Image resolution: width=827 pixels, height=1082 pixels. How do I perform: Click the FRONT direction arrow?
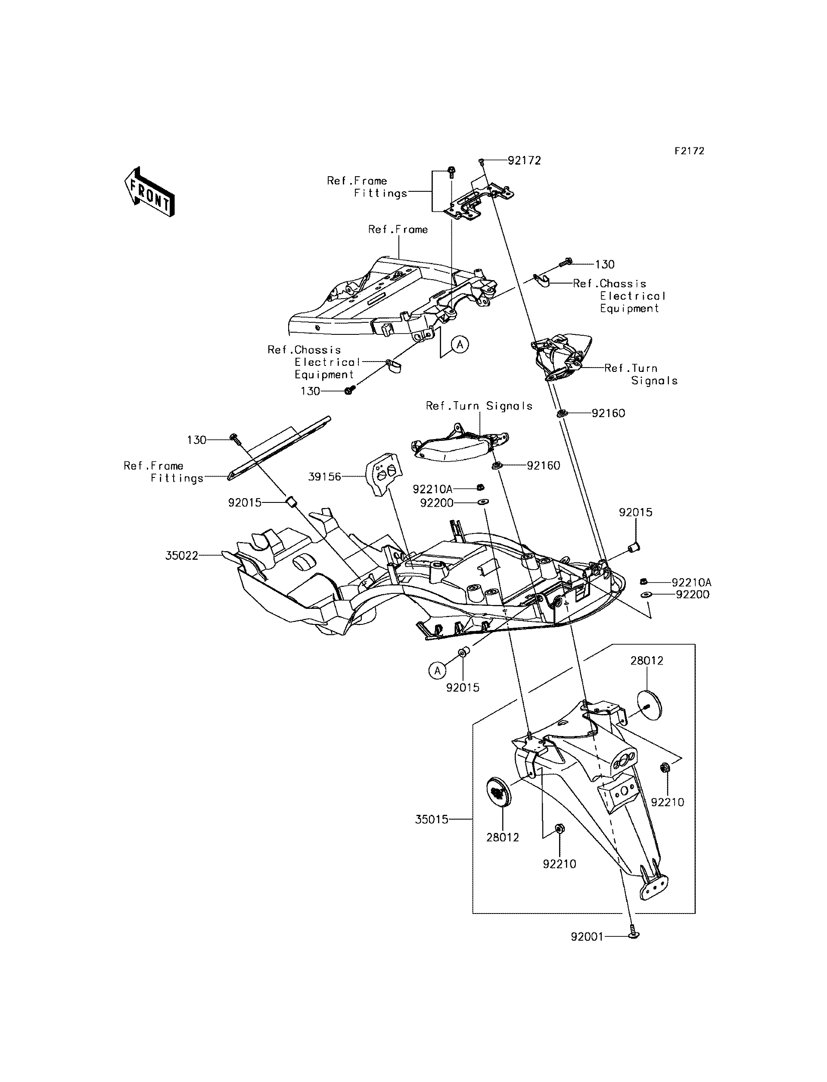149,192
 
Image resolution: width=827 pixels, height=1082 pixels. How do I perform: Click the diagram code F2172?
689,151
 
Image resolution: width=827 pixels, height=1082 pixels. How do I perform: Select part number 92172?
524,161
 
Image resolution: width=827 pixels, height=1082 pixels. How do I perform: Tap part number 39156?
324,477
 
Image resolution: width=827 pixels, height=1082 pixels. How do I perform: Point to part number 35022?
182,555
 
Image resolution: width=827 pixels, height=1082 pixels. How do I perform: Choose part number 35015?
432,820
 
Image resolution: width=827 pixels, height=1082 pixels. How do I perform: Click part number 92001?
587,937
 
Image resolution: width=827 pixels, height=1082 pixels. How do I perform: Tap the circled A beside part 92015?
437,670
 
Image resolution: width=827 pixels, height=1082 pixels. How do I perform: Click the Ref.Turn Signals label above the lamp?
479,406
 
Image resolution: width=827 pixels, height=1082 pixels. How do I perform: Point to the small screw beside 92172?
482,162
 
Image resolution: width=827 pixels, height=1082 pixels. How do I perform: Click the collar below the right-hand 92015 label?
634,546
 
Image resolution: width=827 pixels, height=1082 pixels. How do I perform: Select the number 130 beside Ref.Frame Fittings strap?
197,440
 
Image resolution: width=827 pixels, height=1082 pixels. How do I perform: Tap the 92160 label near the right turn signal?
609,413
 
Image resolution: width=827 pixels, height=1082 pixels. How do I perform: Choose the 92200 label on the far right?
693,595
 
